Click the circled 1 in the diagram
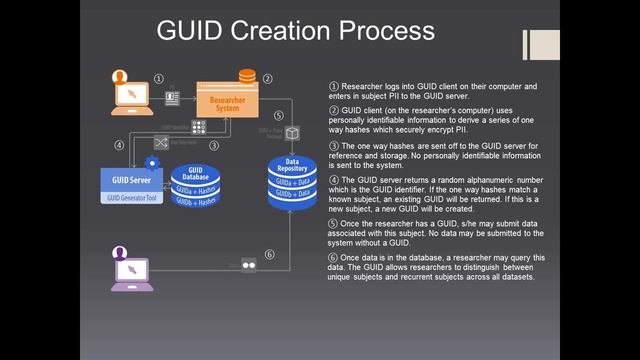click(158, 79)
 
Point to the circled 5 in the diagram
click(278, 116)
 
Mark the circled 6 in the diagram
click(268, 255)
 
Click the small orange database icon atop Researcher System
click(246, 78)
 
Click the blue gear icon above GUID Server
click(151, 162)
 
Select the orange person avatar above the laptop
click(120, 76)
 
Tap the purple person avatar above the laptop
click(120, 251)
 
